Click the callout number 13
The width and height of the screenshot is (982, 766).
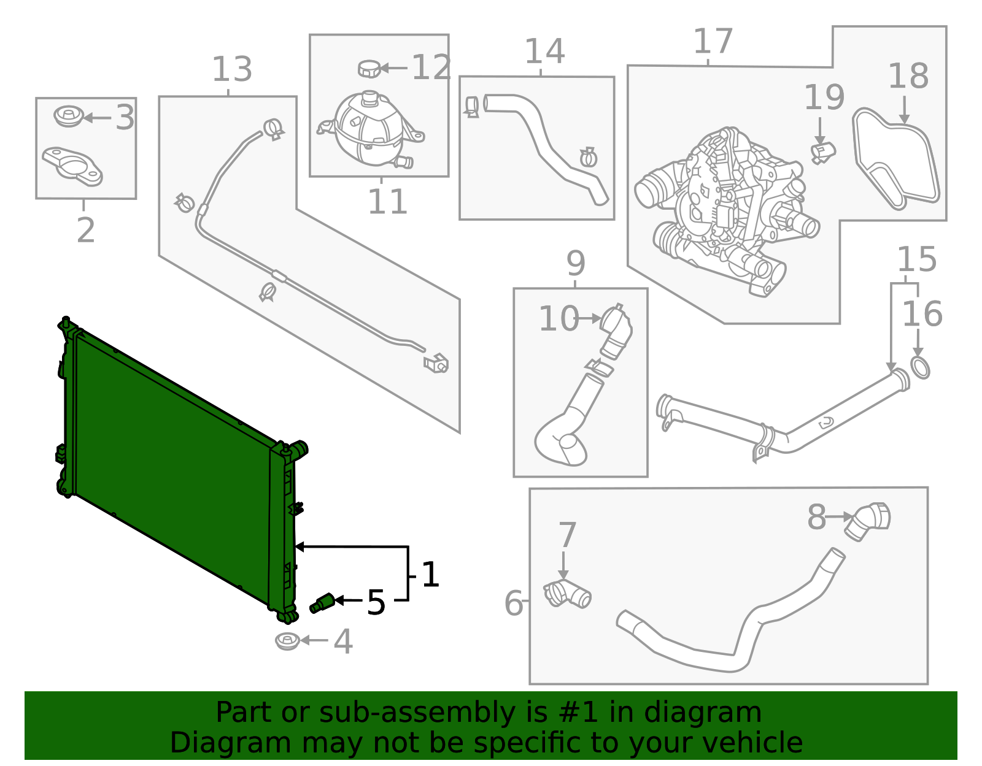(x=232, y=69)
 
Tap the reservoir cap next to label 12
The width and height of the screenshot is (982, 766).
(x=369, y=69)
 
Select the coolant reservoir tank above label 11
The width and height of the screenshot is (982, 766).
(x=368, y=131)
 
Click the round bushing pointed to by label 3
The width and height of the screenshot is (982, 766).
(x=68, y=117)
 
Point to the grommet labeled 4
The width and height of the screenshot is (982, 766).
(x=287, y=642)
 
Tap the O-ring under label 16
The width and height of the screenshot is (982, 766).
(x=919, y=367)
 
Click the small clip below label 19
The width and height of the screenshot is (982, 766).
(x=822, y=151)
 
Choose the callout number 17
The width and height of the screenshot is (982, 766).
(x=713, y=42)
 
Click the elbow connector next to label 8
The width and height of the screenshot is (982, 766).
(x=868, y=521)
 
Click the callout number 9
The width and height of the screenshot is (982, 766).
(x=575, y=264)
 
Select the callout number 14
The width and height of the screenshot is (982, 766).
(x=544, y=52)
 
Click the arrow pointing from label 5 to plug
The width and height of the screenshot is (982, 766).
(x=348, y=600)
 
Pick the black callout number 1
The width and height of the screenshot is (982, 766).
(x=430, y=575)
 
